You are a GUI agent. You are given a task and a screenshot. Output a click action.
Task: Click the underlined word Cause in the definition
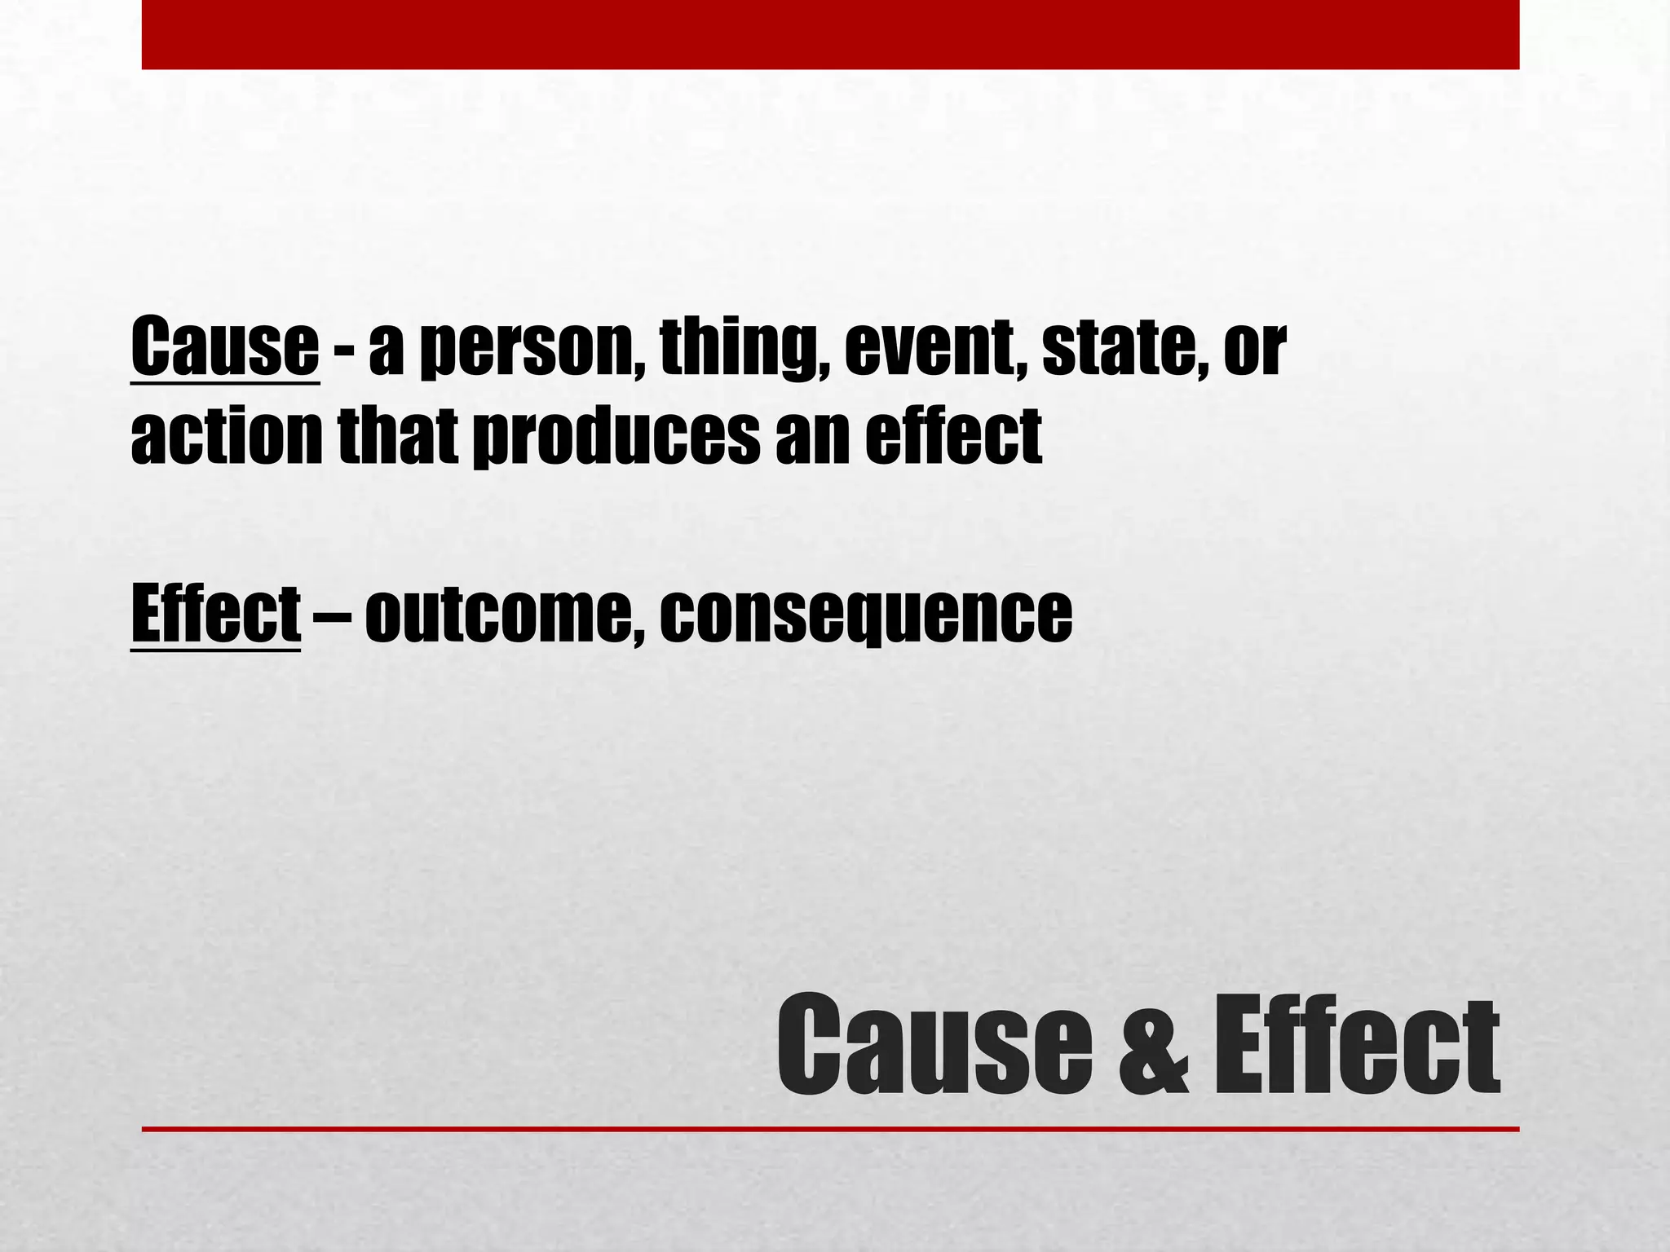(x=224, y=349)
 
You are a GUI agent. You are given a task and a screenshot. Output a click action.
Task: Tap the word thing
(x=739, y=350)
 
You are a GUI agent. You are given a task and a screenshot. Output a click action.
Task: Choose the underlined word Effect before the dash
(x=215, y=613)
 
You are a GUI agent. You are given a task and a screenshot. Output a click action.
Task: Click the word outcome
(x=499, y=615)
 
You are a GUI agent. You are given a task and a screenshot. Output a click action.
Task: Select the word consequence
(x=866, y=615)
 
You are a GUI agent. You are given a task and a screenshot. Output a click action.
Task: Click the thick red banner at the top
(x=830, y=34)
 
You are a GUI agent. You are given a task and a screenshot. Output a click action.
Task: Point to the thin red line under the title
(x=830, y=1129)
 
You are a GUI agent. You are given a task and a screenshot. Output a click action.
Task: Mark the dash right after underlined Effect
(x=332, y=613)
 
